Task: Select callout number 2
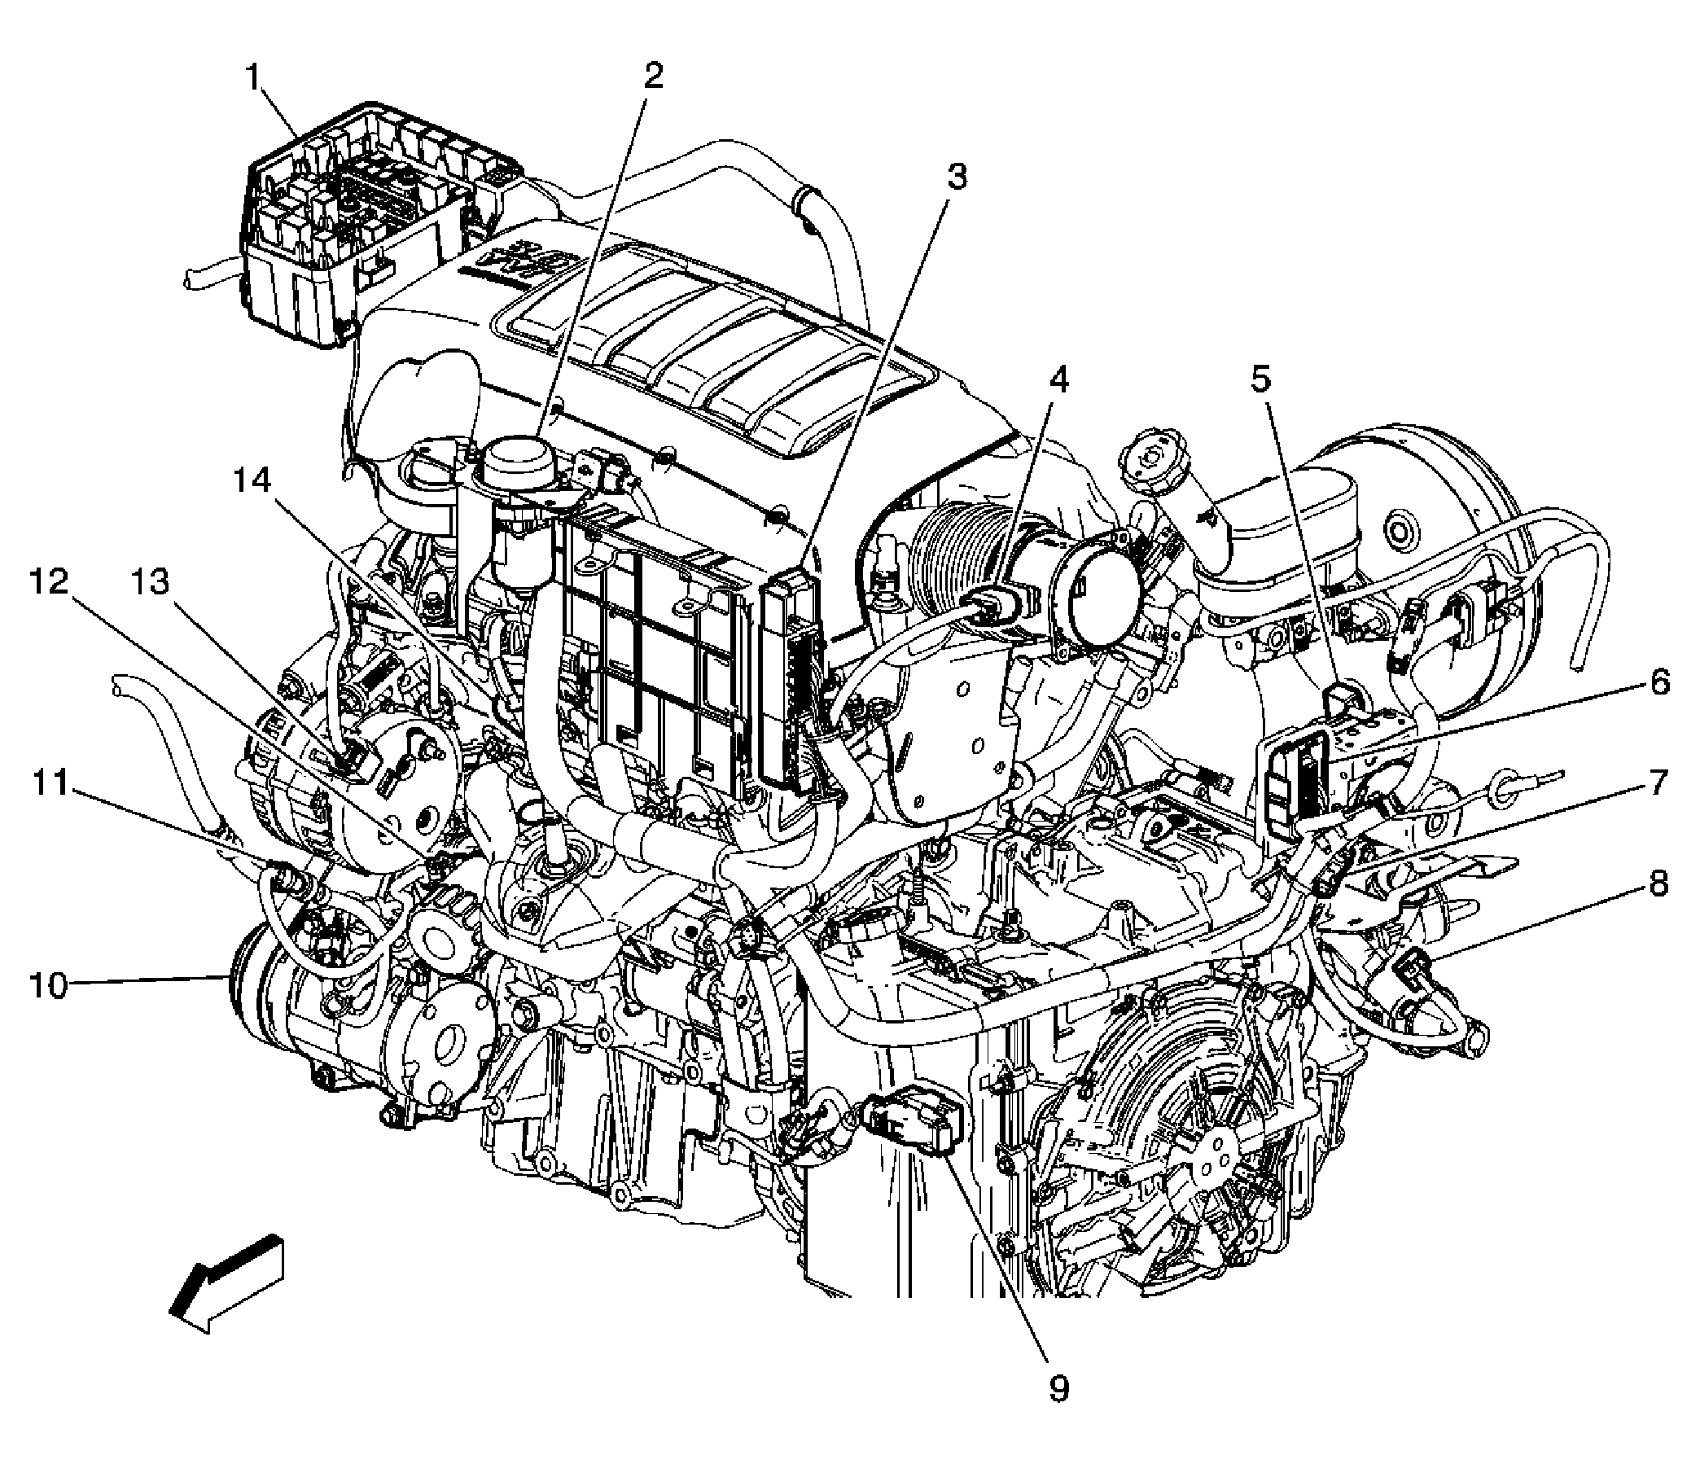click(652, 76)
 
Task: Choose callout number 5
click(1260, 379)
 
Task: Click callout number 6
click(1659, 682)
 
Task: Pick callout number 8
click(1658, 883)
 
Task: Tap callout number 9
click(1059, 1410)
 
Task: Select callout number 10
click(47, 984)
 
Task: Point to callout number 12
click(49, 583)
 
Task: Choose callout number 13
click(151, 583)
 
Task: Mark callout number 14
click(251, 481)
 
